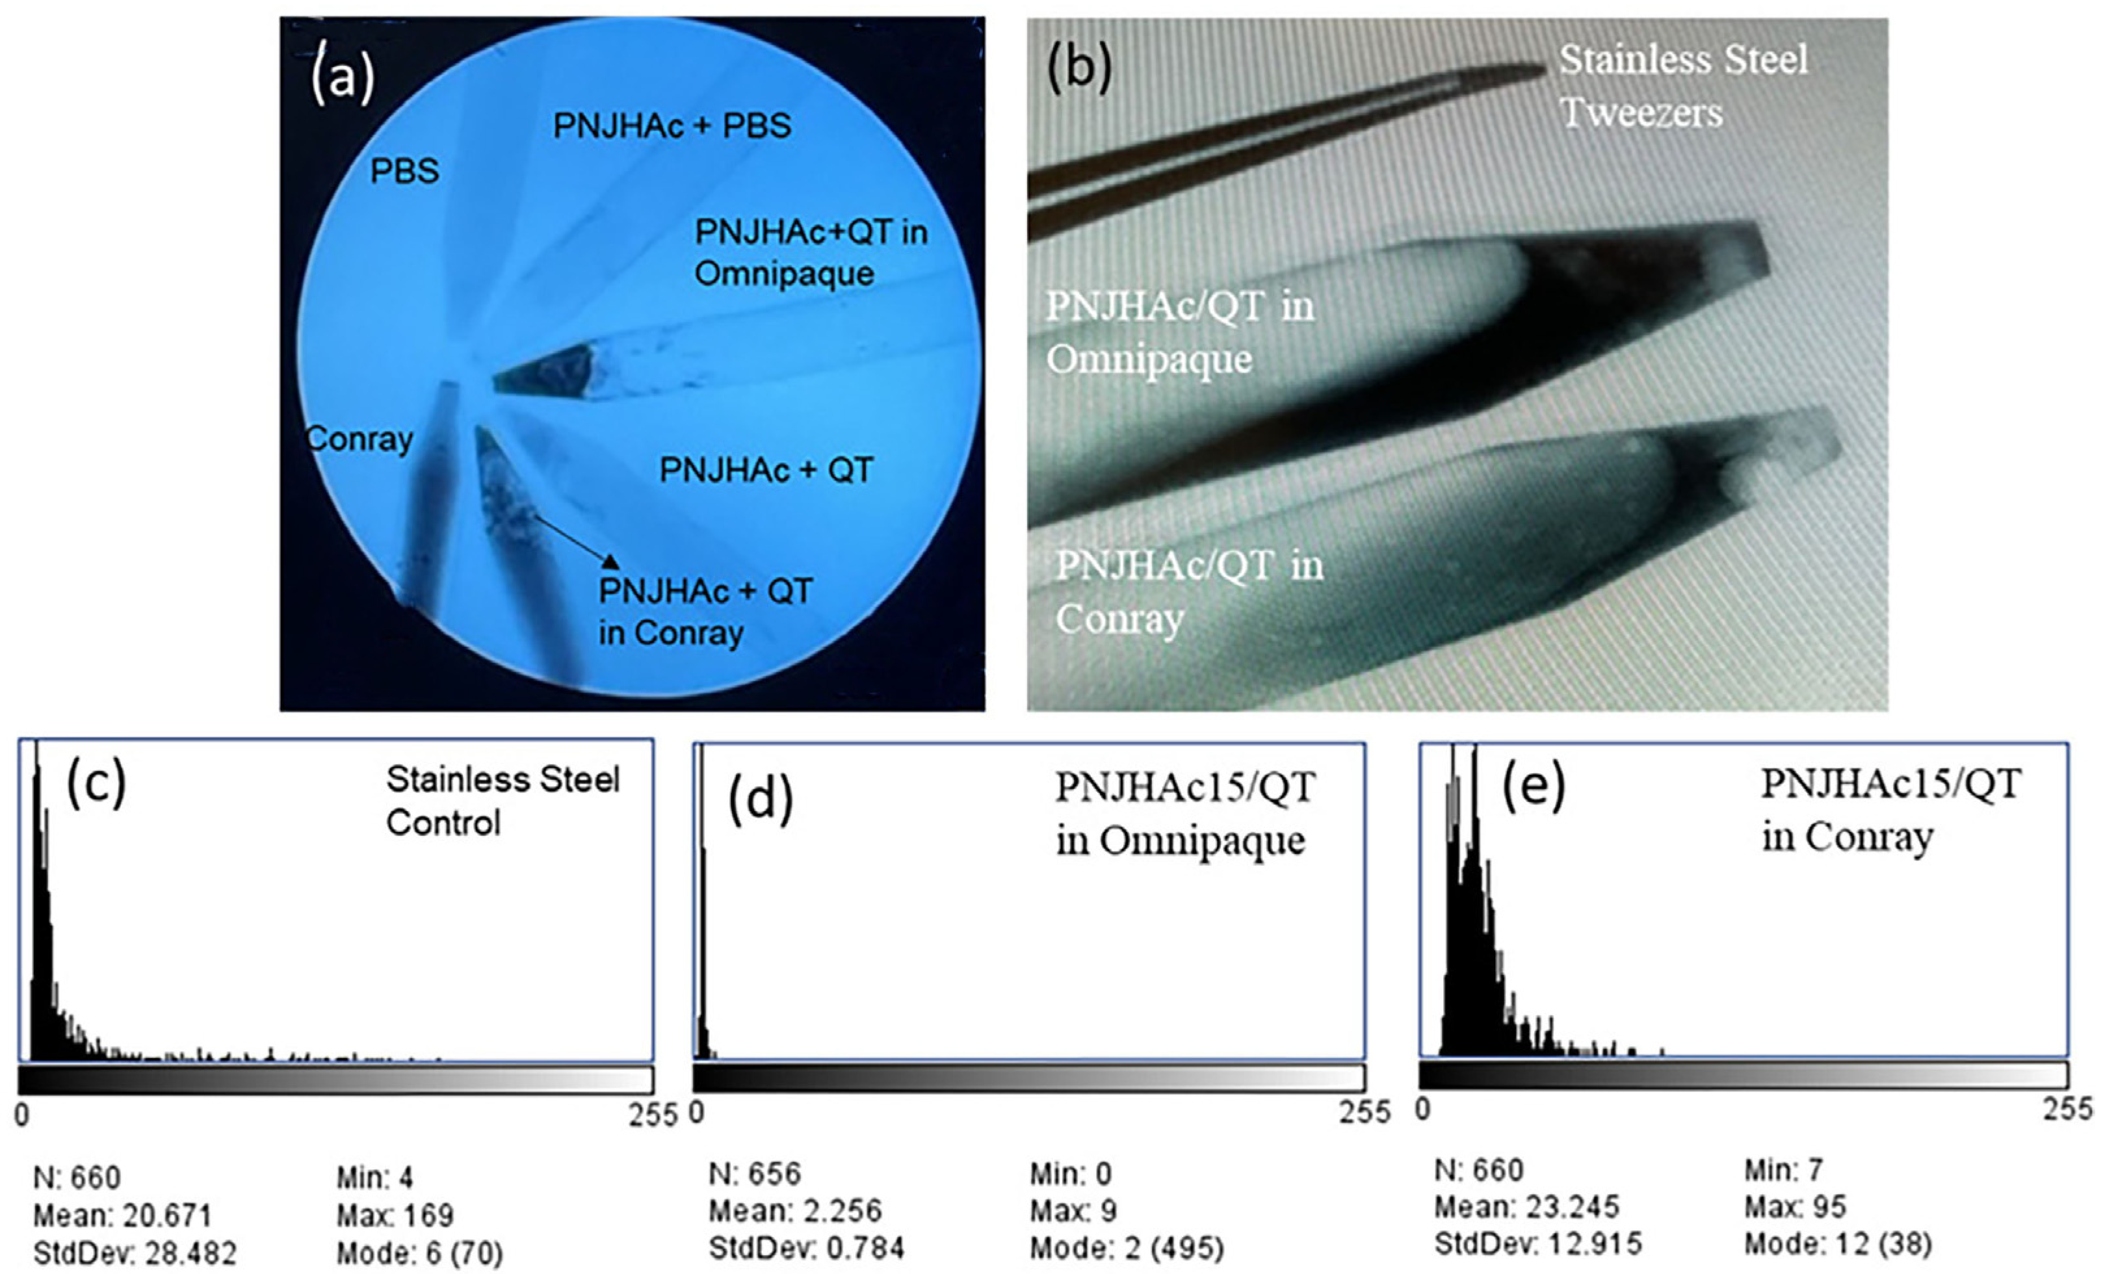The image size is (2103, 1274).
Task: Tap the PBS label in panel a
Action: coord(404,172)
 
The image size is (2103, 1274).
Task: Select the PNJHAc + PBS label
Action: coord(672,125)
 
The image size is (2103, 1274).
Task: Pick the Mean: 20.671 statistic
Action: coord(122,1215)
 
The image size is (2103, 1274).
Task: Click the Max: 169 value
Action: coord(395,1215)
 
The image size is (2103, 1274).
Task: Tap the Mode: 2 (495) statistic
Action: coord(1127,1249)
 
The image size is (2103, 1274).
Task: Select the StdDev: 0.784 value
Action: coord(805,1249)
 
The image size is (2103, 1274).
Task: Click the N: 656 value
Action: coord(755,1174)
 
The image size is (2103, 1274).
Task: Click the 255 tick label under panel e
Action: coord(2069,1110)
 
